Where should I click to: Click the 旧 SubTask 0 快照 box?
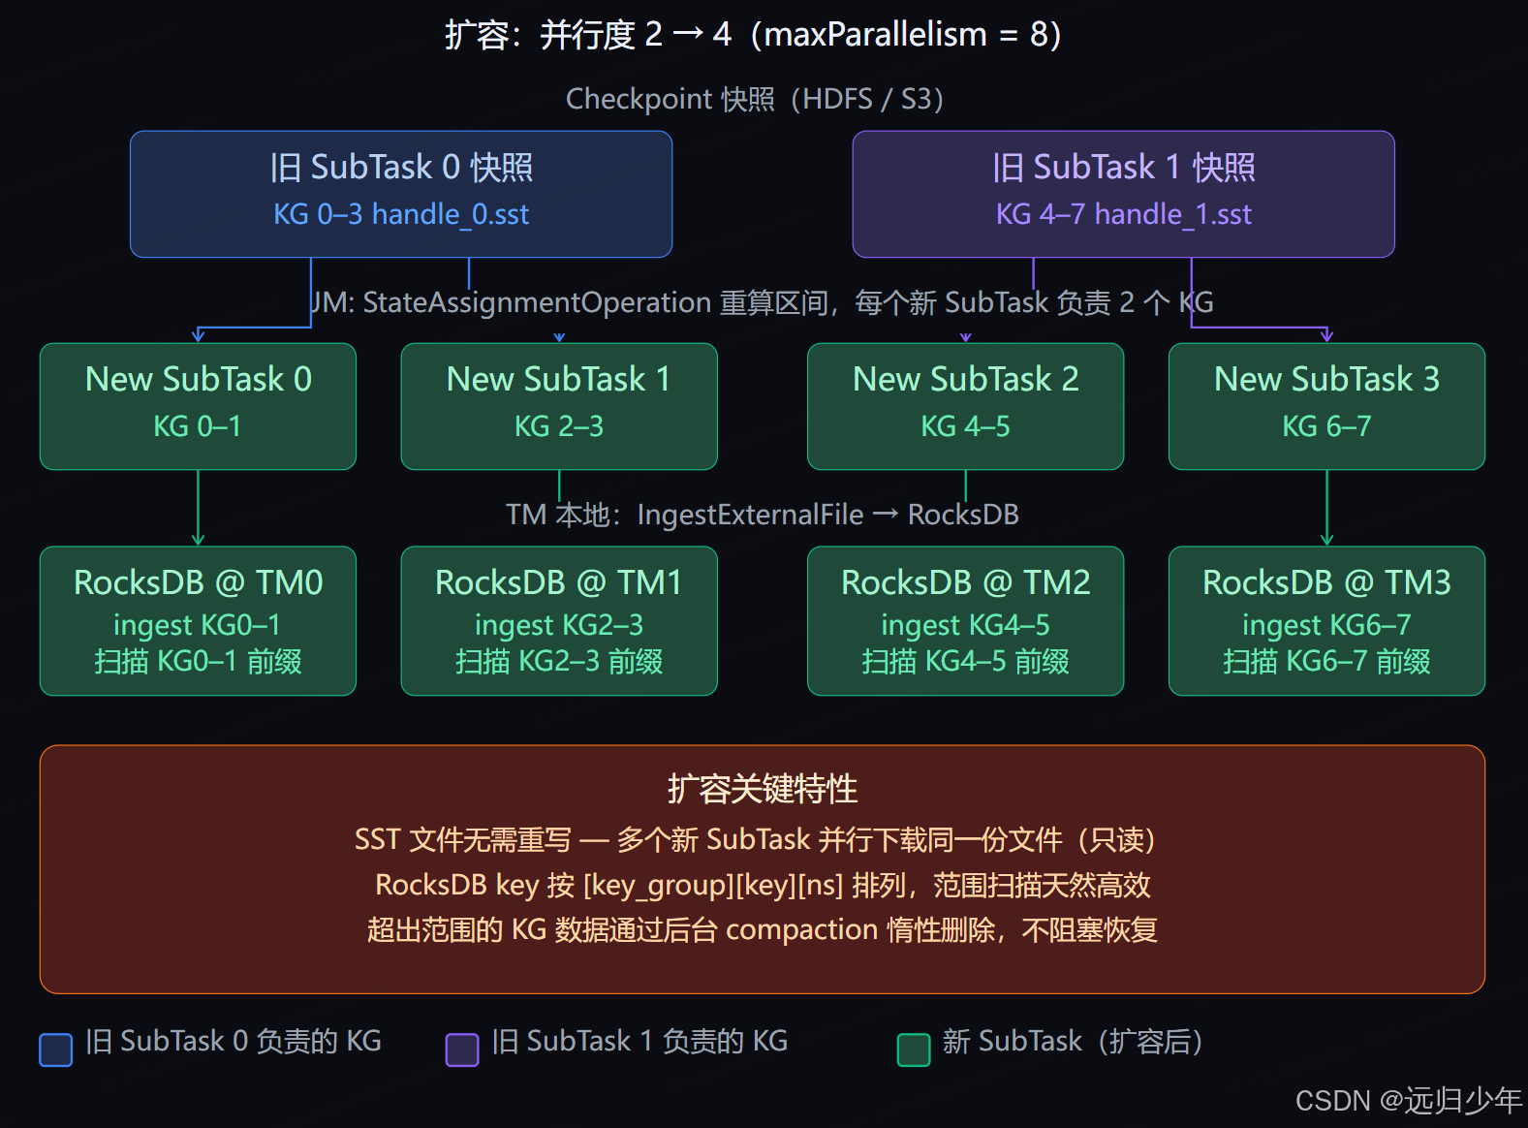pos(401,194)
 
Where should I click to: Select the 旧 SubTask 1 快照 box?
pos(1123,194)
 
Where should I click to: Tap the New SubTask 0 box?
pos(198,406)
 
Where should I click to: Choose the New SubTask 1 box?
pos(559,406)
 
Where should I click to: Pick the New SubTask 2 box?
pos(965,406)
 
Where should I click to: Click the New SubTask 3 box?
pos(1326,406)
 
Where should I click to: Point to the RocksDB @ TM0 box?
pos(198,620)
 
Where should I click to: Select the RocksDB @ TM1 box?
pos(559,620)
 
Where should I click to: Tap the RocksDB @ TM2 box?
pos(965,620)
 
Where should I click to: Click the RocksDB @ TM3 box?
pos(1326,620)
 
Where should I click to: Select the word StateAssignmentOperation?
pos(537,303)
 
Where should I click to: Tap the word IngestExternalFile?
pos(750,515)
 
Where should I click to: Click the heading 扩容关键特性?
pos(763,789)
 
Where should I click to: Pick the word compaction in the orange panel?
pos(801,930)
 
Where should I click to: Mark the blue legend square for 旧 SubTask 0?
pos(55,1050)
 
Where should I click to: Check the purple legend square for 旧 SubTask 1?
pos(461,1050)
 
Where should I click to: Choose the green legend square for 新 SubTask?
pos(913,1050)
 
